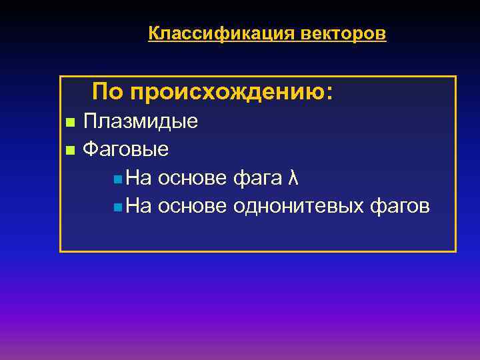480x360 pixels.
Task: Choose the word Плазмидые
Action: [x=140, y=122]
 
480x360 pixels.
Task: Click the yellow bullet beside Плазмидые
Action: [x=69, y=123]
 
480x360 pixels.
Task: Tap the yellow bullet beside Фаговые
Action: [x=69, y=150]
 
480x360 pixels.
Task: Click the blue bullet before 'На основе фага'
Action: [x=117, y=179]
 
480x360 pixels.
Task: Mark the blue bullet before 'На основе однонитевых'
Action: [x=117, y=208]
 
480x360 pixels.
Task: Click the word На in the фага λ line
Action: [x=139, y=179]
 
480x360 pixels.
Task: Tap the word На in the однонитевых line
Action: [x=139, y=207]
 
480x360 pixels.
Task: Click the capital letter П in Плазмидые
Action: [x=90, y=121]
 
